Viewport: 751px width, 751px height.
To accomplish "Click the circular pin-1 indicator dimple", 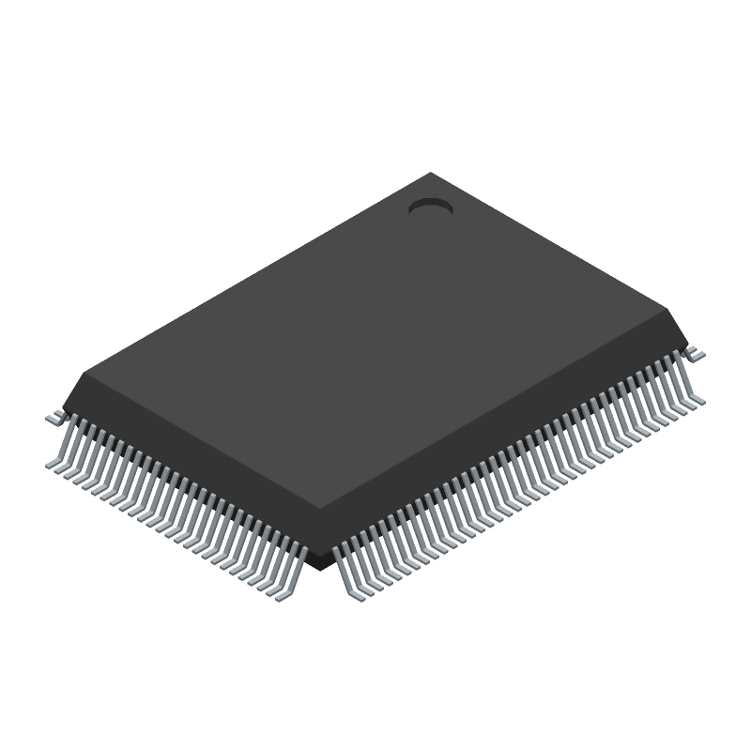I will pyautogui.click(x=431, y=207).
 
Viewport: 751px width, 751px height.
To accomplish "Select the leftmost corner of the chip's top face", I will pyautogui.click(x=84, y=374).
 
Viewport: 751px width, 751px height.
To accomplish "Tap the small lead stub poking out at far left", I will pyautogui.click(x=54, y=416).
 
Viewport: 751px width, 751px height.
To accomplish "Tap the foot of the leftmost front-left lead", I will pyautogui.click(x=53, y=462).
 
